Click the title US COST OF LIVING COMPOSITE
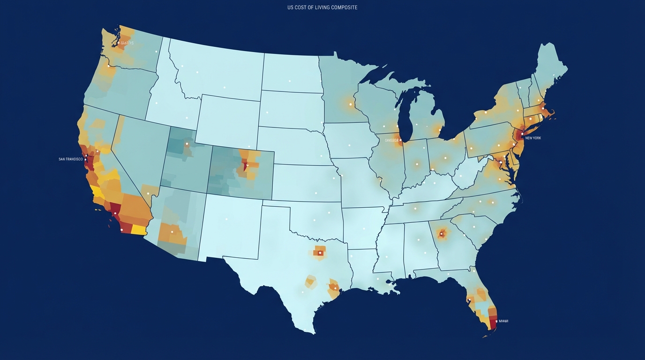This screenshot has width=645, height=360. click(x=322, y=7)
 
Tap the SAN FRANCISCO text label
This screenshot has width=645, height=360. click(x=71, y=159)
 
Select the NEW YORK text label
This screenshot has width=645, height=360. click(x=533, y=138)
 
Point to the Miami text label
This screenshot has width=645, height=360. click(x=503, y=321)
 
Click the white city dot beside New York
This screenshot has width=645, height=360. click(x=522, y=134)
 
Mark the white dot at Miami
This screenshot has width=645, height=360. click(x=496, y=321)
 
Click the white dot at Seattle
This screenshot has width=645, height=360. click(x=119, y=43)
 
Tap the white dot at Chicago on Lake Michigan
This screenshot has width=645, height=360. click(x=400, y=140)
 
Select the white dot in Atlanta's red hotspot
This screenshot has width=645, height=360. click(x=441, y=233)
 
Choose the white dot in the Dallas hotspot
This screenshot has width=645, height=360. click(x=320, y=253)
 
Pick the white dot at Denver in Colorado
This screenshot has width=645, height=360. click(x=246, y=165)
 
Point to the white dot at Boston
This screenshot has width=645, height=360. click(x=543, y=109)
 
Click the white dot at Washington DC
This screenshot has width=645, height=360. click(x=501, y=162)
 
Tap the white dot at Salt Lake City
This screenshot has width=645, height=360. click(x=187, y=144)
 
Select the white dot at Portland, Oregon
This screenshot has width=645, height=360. click(x=108, y=66)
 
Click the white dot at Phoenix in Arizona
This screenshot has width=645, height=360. click(x=172, y=232)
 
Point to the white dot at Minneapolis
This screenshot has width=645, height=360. click(x=350, y=104)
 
